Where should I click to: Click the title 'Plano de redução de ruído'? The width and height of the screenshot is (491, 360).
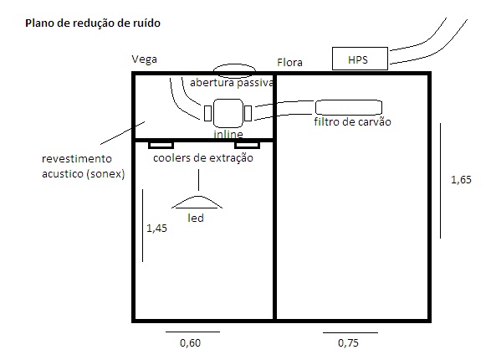[x=93, y=23]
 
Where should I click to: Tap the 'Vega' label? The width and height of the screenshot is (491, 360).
[x=145, y=59]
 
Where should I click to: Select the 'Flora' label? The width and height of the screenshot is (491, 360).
[x=289, y=62]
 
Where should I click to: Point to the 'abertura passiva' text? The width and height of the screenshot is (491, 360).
[x=232, y=82]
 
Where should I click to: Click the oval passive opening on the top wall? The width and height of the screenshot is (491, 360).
[x=234, y=64]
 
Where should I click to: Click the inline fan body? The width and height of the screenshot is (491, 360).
[x=228, y=113]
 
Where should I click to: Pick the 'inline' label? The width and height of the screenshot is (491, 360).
[x=228, y=134]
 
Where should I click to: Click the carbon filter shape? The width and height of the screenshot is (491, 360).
[x=349, y=107]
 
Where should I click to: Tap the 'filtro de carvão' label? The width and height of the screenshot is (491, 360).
[x=353, y=121]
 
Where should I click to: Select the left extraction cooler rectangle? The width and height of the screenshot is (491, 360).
[x=161, y=145]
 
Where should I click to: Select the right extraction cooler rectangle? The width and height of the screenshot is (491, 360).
[x=247, y=145]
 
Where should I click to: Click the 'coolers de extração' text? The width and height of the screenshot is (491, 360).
[x=203, y=158]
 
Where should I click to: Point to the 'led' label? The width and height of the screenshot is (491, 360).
[x=196, y=218]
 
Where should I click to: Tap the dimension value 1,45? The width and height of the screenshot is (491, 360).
[x=157, y=228]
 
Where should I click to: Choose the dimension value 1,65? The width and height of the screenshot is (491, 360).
[x=461, y=179]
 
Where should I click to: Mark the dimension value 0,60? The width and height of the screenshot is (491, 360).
[x=191, y=342]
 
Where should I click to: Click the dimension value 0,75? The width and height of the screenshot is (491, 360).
[x=348, y=342]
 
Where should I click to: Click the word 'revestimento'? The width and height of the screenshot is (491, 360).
[x=77, y=158]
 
